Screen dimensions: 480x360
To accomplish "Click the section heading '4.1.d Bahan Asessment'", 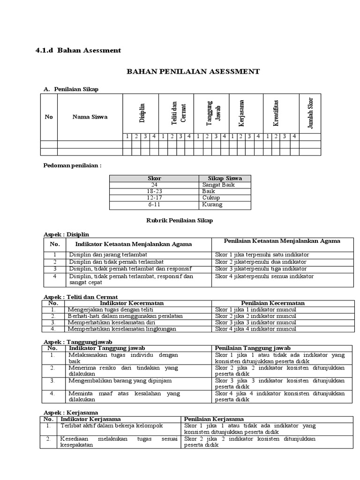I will coord(78,50).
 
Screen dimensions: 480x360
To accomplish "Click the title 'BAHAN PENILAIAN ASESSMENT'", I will coord(193,72).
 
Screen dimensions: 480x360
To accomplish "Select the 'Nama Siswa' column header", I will coord(90,117).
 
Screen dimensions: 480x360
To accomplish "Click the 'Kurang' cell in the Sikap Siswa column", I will coord(212,205).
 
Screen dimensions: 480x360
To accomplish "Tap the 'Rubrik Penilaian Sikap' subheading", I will coord(180,221).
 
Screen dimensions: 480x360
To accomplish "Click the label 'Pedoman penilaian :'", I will coord(72,165).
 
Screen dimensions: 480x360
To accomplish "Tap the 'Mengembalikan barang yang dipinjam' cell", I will coord(117,381).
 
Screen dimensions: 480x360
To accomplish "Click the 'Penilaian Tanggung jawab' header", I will coord(253,348).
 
